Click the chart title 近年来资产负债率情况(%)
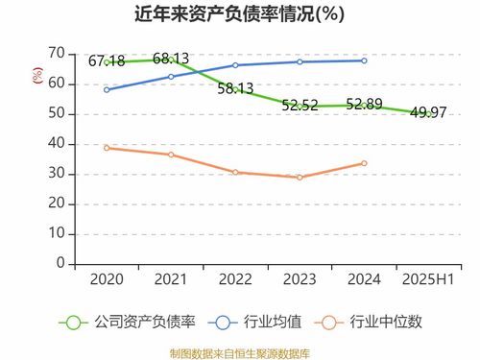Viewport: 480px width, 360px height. click(x=239, y=14)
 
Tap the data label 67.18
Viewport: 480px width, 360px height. click(x=107, y=61)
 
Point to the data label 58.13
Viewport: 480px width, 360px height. click(x=235, y=88)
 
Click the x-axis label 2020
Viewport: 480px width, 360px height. click(x=107, y=278)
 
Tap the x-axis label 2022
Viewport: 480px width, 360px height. click(x=235, y=278)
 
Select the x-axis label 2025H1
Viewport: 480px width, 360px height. click(x=427, y=278)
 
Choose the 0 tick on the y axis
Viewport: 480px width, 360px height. click(x=60, y=262)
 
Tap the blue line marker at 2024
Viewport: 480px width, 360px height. click(x=364, y=60)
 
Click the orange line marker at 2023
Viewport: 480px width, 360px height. click(x=300, y=178)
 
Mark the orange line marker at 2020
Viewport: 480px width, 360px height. click(x=107, y=148)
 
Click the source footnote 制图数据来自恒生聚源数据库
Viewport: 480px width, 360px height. click(x=239, y=352)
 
